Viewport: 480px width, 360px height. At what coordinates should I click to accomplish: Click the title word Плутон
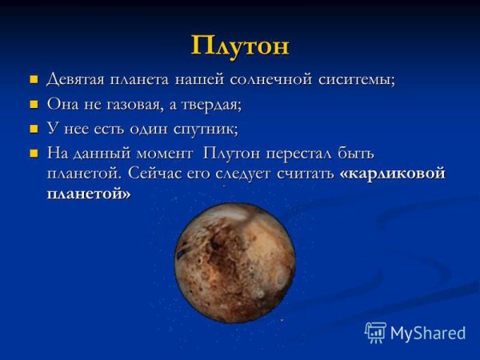[240, 45]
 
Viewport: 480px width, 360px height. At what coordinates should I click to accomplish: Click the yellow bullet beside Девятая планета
[34, 80]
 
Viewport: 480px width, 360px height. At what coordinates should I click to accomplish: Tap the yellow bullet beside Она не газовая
[34, 104]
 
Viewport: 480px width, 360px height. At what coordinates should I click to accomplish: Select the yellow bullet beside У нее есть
[34, 128]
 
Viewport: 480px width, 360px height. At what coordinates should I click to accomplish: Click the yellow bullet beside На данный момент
[34, 152]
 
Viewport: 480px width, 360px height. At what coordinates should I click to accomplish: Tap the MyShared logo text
[428, 333]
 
